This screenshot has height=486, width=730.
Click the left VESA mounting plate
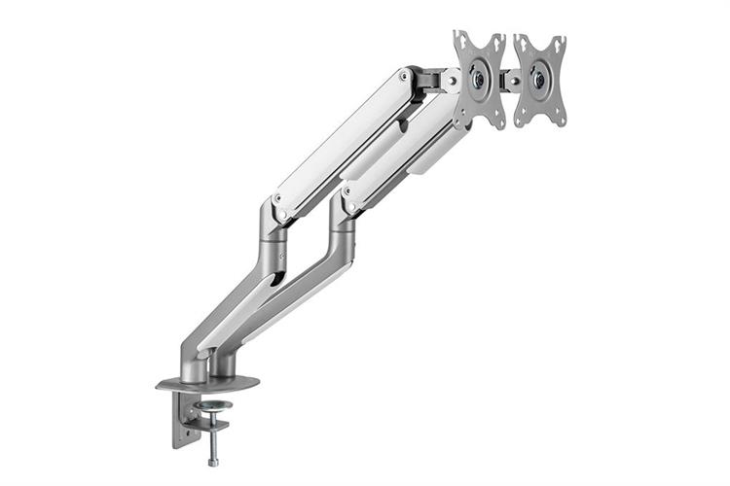pos(480,80)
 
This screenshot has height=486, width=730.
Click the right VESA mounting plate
pos(540,80)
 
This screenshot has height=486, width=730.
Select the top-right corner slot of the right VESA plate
pos(558,44)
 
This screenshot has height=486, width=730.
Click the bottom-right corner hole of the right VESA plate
pos(558,119)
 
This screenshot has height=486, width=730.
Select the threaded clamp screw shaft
pos(212,435)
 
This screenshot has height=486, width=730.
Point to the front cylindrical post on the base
pos(195,364)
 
